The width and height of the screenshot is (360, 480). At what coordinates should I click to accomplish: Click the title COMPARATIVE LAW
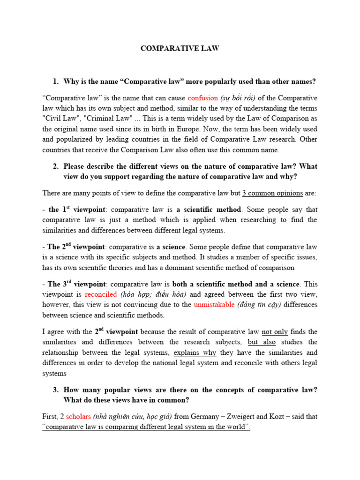tap(180, 48)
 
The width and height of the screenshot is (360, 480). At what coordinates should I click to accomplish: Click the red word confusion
tap(202, 98)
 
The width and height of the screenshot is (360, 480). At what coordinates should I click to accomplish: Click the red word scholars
tap(79, 416)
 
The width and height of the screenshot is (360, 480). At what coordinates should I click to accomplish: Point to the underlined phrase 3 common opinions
tap(272, 193)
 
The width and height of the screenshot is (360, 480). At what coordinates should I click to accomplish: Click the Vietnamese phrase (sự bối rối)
tap(241, 98)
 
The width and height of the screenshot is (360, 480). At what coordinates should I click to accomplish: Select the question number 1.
tap(55, 82)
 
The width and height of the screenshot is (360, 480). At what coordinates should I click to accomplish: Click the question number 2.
tap(55, 166)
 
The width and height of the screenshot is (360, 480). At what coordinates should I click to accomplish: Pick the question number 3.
tap(55, 390)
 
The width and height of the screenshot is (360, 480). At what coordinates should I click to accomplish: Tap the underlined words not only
tap(275, 332)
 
